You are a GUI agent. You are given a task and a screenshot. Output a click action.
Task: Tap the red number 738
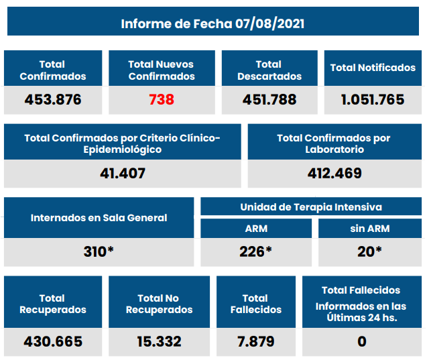pos(162,100)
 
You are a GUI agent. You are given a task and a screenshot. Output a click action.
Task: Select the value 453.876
pos(53,100)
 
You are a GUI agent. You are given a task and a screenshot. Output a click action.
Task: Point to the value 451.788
pos(269,100)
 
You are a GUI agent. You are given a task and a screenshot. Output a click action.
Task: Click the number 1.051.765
pos(373,100)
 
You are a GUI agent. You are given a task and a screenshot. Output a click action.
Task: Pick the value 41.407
pos(122,174)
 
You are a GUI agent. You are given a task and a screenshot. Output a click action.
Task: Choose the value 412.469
pos(334,174)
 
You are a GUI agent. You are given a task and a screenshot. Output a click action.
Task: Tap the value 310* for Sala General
pos(99,252)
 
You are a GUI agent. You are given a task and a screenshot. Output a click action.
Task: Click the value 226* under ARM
pos(256,252)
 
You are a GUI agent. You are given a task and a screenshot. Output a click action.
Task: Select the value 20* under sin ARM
pos(370,252)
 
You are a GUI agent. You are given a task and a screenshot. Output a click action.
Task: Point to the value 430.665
pos(53,341)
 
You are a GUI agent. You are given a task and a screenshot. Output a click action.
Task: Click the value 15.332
pos(160,341)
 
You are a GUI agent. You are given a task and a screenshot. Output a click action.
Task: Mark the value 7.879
pos(256,341)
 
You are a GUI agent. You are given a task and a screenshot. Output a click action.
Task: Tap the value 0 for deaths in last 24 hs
pos(362,341)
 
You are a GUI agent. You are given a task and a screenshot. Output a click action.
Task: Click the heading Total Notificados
pos(373,68)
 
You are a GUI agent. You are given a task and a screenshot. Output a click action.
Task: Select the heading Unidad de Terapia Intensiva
pos(311,207)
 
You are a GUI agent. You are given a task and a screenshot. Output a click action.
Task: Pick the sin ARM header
pos(370,229)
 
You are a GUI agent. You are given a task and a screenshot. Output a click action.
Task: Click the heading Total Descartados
pos(269,70)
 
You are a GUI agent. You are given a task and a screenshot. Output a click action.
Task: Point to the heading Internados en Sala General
pos(99,218)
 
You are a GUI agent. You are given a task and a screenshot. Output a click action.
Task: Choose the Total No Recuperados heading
pos(160,304)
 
